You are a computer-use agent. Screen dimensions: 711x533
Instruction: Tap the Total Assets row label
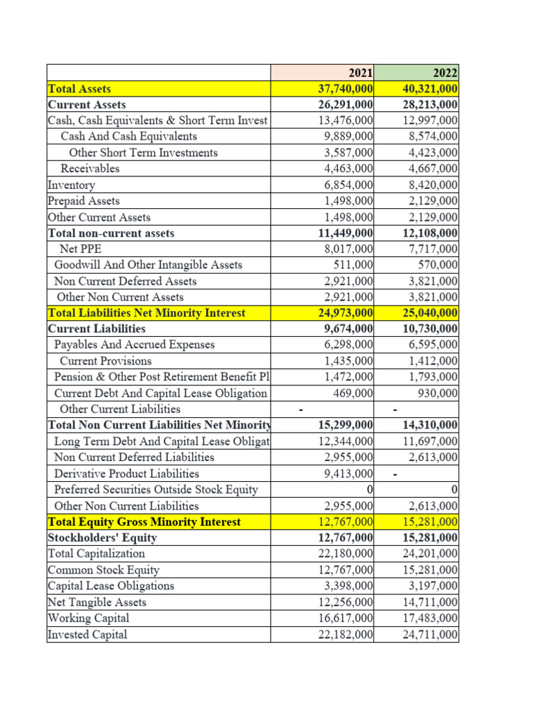[x=80, y=88]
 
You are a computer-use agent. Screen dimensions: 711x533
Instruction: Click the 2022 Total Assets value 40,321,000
[x=430, y=88]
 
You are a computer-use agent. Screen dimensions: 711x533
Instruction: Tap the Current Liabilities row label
[x=96, y=328]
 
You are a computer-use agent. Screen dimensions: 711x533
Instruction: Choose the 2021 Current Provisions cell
[x=349, y=361]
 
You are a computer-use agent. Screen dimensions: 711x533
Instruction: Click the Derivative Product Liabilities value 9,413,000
[x=349, y=474]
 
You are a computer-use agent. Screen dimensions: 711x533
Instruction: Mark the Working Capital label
[x=88, y=618]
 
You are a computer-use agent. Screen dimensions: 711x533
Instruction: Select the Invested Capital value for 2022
[x=430, y=634]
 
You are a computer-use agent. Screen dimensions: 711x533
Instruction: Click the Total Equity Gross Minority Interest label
[x=144, y=521]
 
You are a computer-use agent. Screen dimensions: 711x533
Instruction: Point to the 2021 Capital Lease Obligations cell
[x=349, y=586]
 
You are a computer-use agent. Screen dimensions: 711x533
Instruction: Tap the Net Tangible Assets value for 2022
[x=430, y=602]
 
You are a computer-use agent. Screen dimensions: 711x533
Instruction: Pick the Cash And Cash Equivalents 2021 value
[x=349, y=137]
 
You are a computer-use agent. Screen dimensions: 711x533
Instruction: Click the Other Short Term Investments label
[x=144, y=153]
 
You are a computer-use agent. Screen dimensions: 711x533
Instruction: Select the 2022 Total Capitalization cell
[x=430, y=553]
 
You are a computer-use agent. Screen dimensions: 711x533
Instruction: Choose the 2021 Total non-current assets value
[x=346, y=233]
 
